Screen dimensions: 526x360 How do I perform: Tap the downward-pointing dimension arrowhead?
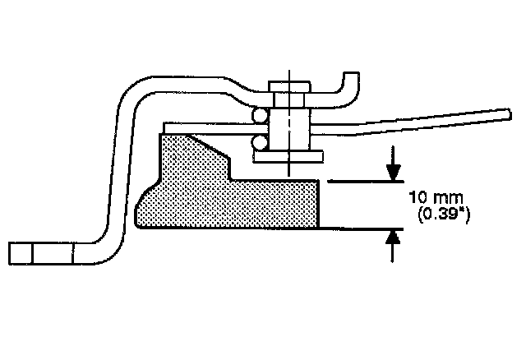click(394, 172)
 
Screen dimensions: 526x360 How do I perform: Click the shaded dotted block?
click(222, 197)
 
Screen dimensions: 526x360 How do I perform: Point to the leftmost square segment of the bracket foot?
click(21, 253)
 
